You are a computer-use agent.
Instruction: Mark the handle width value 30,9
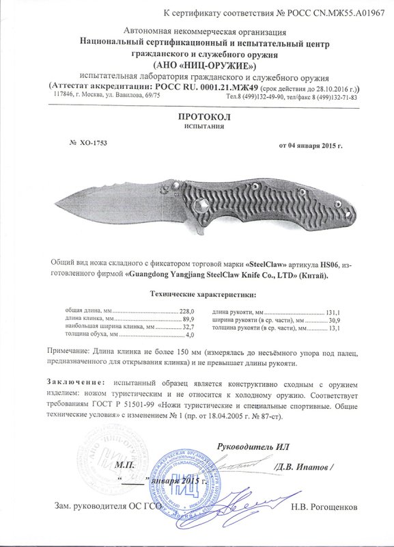[x=334, y=319]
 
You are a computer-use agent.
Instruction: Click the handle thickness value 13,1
[x=334, y=328]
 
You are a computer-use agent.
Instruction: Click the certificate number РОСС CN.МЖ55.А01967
[x=335, y=14]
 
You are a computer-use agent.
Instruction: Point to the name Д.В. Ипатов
[x=302, y=467]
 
